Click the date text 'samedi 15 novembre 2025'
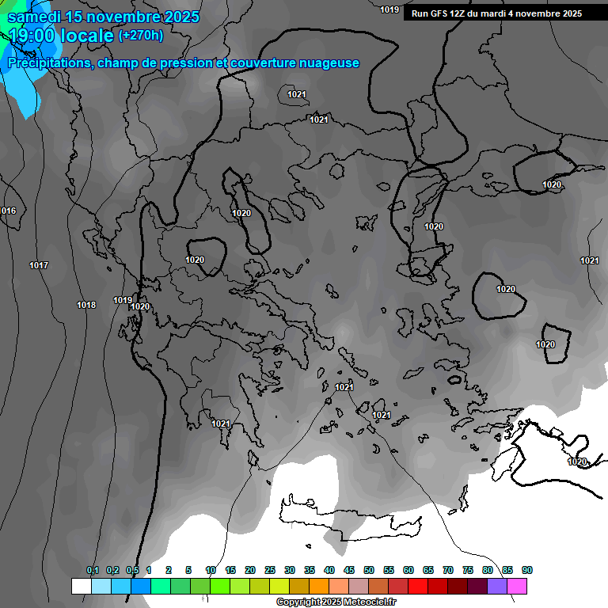102,17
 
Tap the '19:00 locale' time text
60,35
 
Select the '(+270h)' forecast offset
141,35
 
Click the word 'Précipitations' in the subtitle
47,63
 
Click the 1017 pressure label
38,265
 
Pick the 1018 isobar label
86,305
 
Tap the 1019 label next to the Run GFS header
389,9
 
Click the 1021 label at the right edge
589,260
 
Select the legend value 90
526,570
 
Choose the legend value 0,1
93,570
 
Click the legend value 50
369,570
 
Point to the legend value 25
270,570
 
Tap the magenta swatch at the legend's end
517,586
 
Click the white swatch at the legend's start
81,586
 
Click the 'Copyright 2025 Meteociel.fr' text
336,602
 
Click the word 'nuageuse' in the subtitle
328,63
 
